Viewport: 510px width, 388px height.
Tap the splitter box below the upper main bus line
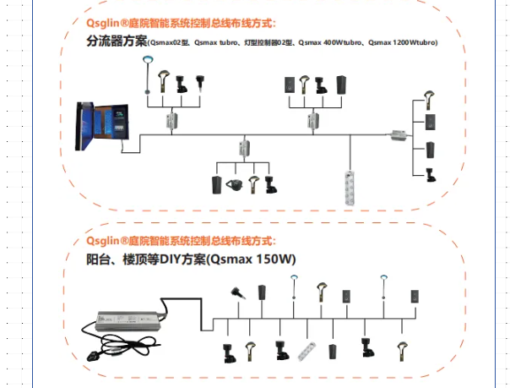[245, 148]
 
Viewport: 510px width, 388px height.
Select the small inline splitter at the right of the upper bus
[396, 134]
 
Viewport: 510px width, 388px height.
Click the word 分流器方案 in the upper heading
[117, 41]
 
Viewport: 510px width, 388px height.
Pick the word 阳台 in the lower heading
[96, 259]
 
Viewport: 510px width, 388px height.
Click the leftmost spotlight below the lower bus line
[226, 349]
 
